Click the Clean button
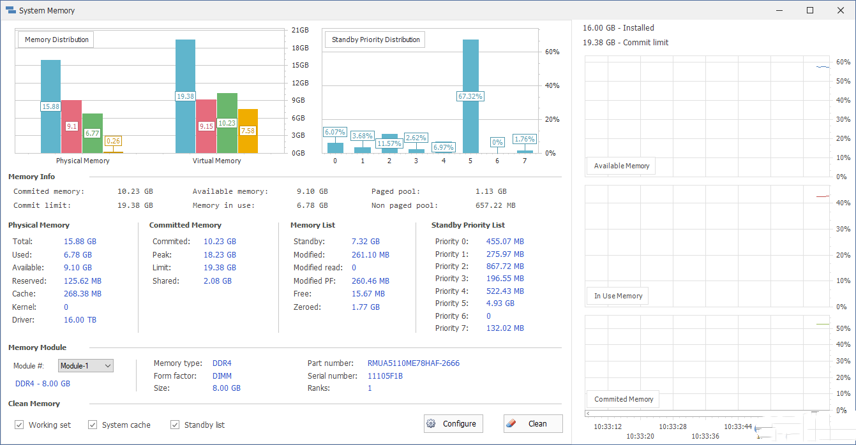tap(533, 424)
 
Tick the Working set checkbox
tap(19, 425)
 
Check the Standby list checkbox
tap(175, 425)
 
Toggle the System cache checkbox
tap(93, 425)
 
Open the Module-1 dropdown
tap(86, 366)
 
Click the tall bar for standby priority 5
tap(470, 70)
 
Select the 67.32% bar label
tap(470, 96)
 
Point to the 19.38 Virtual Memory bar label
tap(185, 96)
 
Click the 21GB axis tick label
tap(300, 30)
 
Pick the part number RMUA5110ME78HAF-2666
tap(413, 363)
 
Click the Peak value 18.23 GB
tap(220, 254)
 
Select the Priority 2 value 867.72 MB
tap(505, 266)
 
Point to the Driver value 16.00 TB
tap(80, 320)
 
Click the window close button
tap(839, 10)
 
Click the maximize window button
tap(810, 10)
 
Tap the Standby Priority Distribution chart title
tap(375, 40)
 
